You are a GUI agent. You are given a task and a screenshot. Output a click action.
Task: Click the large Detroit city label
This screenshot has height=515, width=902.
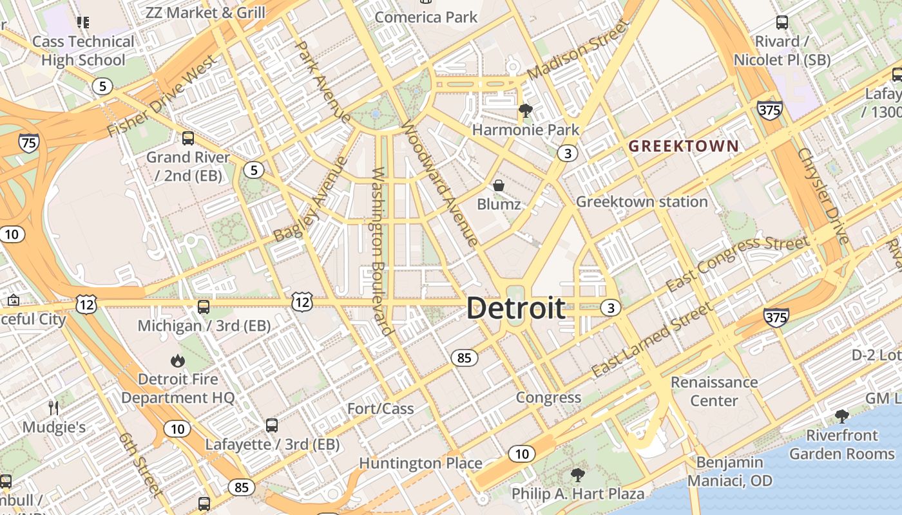[516, 308]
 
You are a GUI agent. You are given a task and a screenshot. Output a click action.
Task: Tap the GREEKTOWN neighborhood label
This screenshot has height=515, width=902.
[684, 146]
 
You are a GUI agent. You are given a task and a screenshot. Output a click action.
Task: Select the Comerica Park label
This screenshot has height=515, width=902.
[426, 17]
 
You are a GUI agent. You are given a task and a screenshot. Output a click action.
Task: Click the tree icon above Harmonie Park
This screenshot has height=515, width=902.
[526, 111]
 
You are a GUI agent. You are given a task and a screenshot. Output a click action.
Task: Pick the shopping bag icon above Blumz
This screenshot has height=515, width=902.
[499, 185]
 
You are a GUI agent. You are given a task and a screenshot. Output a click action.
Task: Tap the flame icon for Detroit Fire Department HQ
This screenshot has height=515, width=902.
[178, 360]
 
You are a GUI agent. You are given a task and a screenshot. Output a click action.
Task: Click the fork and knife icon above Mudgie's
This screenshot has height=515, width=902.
[54, 407]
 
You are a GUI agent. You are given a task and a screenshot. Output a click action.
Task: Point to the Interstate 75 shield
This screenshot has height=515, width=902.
[28, 142]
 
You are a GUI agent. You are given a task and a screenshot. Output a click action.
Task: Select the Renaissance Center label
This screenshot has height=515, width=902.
[714, 391]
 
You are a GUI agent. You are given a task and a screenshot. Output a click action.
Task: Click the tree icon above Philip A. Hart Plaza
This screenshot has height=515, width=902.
[578, 475]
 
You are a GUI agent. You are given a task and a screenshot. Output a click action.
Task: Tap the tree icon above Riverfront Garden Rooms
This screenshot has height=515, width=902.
[842, 416]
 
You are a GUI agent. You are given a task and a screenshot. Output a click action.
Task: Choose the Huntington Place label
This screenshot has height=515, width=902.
[420, 464]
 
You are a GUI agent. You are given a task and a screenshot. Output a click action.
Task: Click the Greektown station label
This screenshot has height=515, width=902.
[642, 202]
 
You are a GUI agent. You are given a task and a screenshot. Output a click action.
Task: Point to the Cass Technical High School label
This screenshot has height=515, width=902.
[83, 51]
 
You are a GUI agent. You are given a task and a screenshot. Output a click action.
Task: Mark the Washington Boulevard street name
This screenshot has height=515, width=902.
[383, 252]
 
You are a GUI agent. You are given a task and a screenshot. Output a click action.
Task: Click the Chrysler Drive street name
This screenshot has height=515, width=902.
[823, 196]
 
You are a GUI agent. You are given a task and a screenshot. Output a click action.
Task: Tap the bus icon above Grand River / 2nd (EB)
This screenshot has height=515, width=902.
[188, 138]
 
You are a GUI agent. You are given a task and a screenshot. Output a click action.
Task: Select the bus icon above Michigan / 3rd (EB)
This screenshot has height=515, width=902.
[204, 306]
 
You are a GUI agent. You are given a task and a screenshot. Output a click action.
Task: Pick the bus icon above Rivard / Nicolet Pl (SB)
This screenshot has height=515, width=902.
[782, 23]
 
